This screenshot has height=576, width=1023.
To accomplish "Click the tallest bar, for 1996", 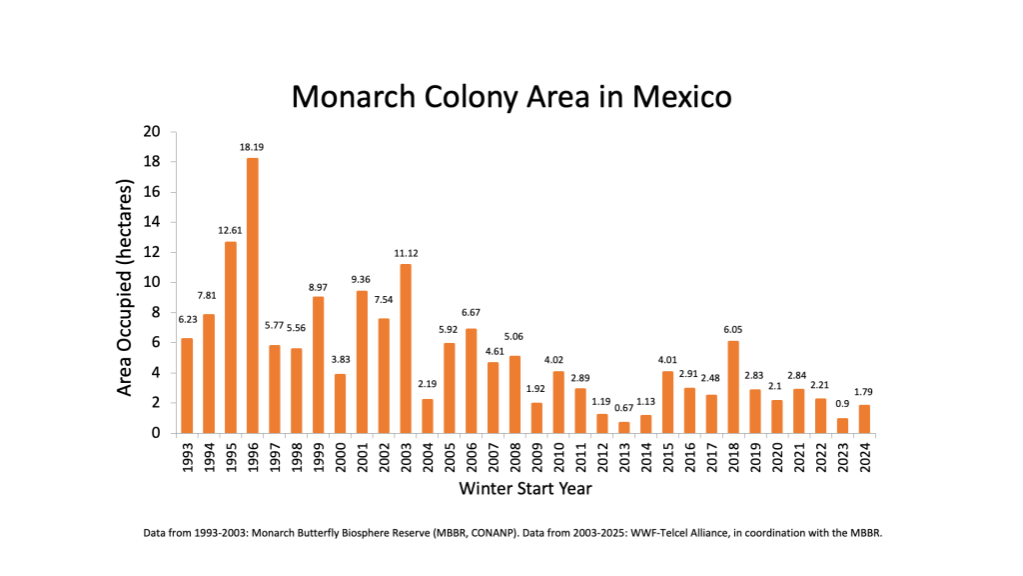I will (253, 295).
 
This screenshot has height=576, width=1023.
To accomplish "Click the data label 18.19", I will (252, 147).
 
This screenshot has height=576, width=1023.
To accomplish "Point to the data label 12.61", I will (231, 230).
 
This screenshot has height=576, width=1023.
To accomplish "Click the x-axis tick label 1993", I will (187, 456).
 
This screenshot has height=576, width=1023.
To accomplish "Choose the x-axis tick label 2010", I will (559, 456).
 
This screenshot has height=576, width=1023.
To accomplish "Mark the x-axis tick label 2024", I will (866, 456).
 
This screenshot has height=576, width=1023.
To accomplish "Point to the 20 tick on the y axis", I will (152, 132).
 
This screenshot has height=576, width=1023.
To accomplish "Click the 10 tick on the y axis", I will (152, 282).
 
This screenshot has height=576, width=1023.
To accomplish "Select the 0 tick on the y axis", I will (156, 433).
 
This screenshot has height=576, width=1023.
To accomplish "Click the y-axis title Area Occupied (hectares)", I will (125, 288).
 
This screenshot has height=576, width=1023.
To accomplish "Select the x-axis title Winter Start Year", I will (524, 489).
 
